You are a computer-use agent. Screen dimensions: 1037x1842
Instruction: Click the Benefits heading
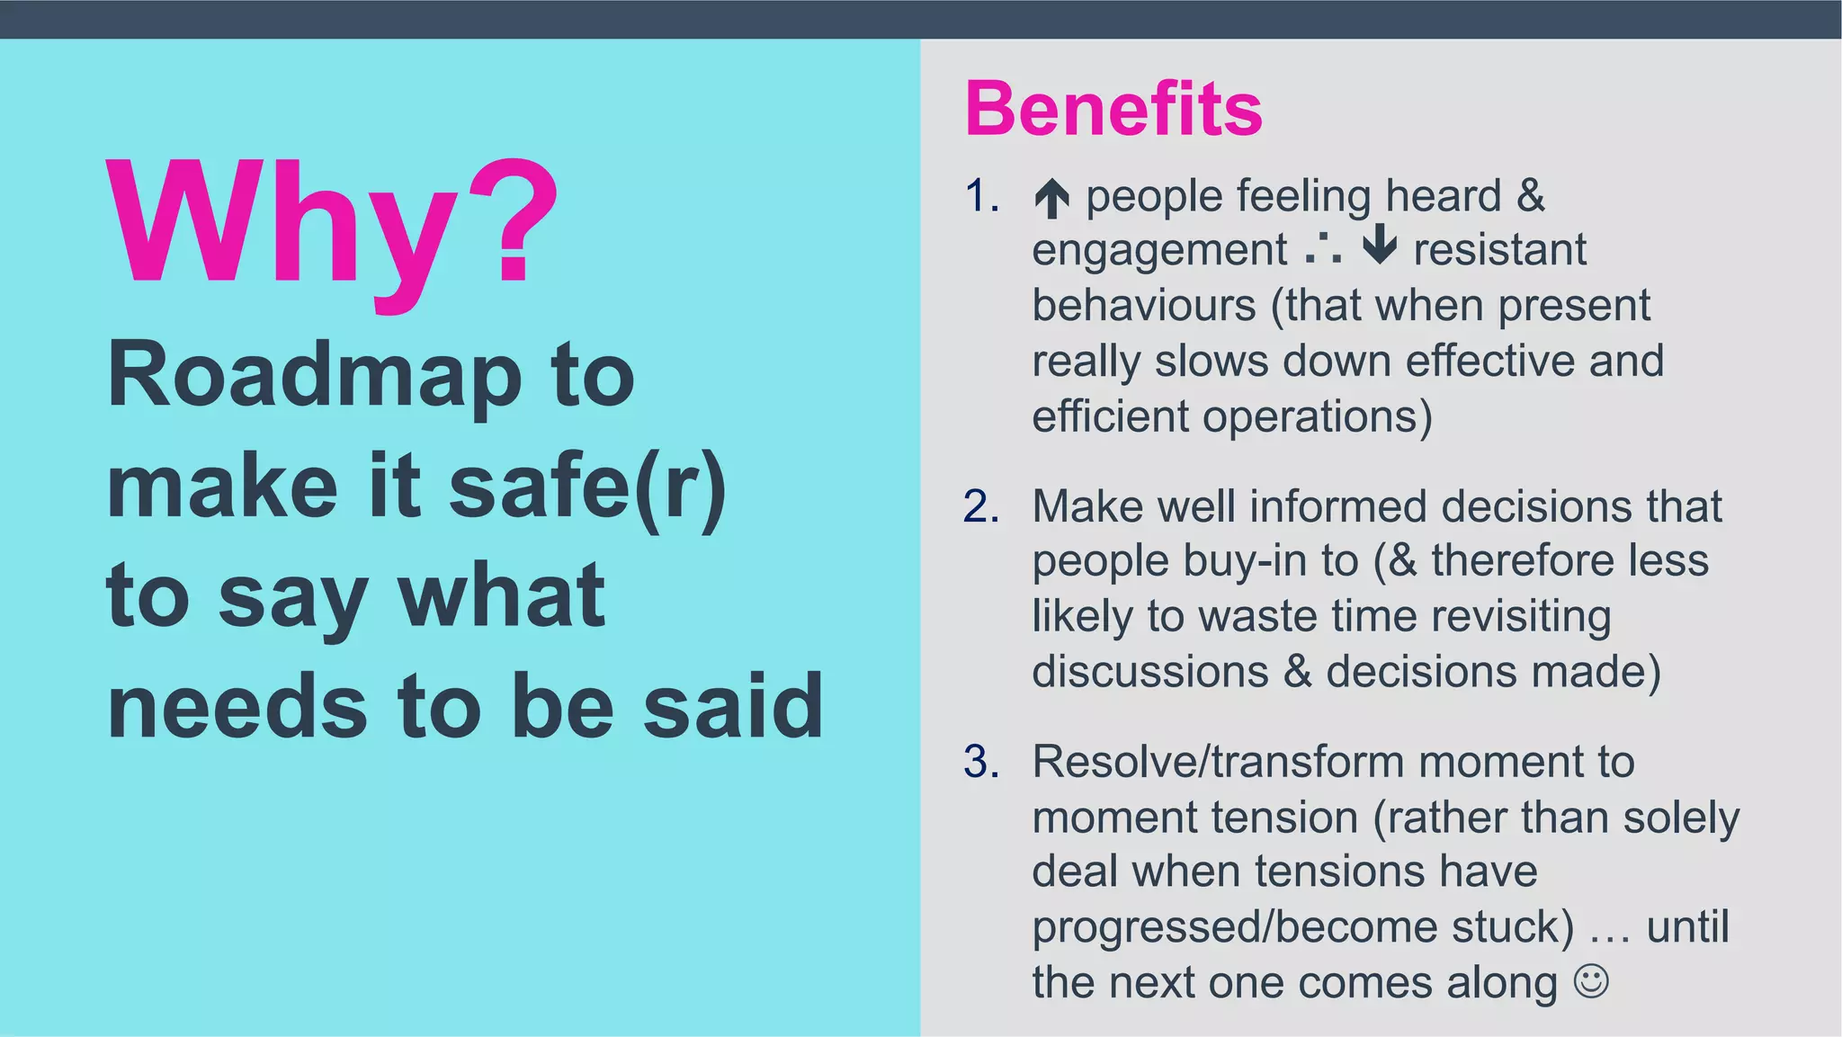(x=1113, y=109)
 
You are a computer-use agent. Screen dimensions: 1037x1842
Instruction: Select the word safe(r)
(x=587, y=487)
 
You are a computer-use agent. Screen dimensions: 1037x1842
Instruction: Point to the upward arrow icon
(x=1051, y=198)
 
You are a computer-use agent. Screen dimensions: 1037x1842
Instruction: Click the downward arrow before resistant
(x=1379, y=246)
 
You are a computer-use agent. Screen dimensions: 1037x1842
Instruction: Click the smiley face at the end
(x=1590, y=980)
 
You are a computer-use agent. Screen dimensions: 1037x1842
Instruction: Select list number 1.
(x=981, y=196)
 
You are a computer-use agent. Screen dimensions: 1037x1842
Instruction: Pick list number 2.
(x=981, y=506)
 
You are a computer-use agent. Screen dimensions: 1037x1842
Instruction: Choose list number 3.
(x=981, y=762)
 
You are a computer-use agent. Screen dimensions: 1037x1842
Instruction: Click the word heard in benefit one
(x=1443, y=196)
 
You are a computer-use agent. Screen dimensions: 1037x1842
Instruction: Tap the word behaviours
(x=1143, y=306)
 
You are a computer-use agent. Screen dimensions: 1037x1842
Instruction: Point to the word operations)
(x=1317, y=417)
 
